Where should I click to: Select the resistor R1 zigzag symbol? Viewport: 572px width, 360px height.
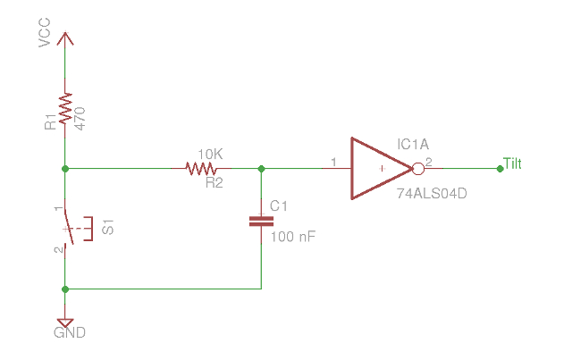click(x=65, y=109)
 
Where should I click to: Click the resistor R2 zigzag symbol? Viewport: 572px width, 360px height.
click(x=204, y=168)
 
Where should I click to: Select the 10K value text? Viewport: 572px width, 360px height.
click(x=209, y=154)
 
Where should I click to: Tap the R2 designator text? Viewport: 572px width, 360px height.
click(x=214, y=182)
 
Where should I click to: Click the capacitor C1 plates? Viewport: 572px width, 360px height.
click(x=261, y=221)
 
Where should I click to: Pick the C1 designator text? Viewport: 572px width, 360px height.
click(x=280, y=206)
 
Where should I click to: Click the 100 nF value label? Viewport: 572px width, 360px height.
click(x=292, y=237)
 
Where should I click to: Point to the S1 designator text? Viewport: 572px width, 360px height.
click(x=108, y=229)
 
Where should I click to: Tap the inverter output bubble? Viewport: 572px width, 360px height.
click(x=416, y=168)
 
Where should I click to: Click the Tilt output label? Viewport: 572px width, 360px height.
click(x=513, y=163)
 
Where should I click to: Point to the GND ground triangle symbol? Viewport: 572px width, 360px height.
click(x=65, y=322)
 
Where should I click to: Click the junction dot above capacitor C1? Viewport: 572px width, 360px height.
click(x=261, y=168)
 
